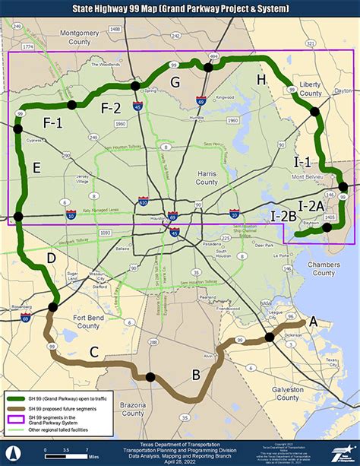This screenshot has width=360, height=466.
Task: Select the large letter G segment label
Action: pyautogui.click(x=175, y=82)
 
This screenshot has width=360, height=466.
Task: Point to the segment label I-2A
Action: pyautogui.click(x=311, y=205)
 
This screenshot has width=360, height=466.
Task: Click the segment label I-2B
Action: pyautogui.click(x=283, y=216)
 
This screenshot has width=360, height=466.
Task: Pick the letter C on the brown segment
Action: pyautogui.click(x=93, y=352)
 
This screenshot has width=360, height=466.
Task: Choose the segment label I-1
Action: pyautogui.click(x=302, y=162)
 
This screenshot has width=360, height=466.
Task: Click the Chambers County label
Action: pyautogui.click(x=324, y=268)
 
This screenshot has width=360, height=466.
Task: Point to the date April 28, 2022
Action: pyautogui.click(x=180, y=461)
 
